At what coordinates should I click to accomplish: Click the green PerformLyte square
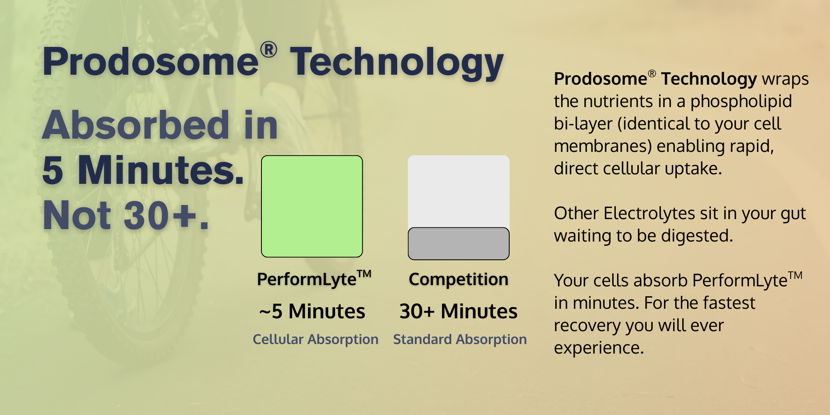pos(312,206)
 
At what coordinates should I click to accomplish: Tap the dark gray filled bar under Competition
pos(459,244)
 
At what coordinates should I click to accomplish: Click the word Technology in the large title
pos(397,62)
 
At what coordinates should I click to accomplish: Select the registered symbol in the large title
pos(269,49)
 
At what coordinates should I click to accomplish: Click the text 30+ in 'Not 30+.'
pos(160,215)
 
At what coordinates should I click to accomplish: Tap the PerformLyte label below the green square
pos(314,278)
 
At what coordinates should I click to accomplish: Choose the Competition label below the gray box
pos(459,279)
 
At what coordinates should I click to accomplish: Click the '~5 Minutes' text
pos(312,311)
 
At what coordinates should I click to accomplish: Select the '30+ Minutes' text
pos(459,311)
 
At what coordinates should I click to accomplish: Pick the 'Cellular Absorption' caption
pos(315,339)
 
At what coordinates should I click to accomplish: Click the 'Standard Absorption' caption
pos(460,339)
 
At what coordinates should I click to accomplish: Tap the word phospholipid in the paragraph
pos(741,102)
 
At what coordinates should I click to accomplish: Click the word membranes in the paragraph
pos(603,146)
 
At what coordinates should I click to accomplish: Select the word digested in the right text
pos(697,236)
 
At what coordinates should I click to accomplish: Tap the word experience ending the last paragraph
pos(599,348)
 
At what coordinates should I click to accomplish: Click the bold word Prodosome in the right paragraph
pos(601,79)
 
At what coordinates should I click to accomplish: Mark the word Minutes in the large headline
pos(161,170)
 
